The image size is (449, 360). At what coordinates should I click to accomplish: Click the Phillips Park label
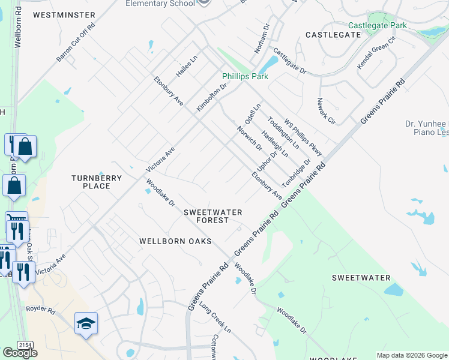click(245, 76)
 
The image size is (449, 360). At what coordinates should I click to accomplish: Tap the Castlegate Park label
click(377, 25)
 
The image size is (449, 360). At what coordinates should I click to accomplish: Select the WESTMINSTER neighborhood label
click(64, 14)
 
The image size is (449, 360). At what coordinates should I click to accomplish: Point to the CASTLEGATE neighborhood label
click(333, 35)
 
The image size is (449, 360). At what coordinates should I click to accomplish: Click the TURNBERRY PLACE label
click(96, 182)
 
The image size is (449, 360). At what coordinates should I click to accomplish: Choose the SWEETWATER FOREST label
click(213, 216)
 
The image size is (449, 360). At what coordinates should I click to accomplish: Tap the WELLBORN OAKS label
click(175, 241)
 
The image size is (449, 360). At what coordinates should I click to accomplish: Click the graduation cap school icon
click(86, 323)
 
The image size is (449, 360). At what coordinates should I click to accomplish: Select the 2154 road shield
click(25, 344)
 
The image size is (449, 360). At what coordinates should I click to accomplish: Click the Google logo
click(20, 353)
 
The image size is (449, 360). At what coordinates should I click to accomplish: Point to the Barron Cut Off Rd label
click(76, 43)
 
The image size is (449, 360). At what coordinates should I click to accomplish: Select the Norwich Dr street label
click(250, 139)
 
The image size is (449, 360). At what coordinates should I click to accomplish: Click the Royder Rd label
click(40, 311)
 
